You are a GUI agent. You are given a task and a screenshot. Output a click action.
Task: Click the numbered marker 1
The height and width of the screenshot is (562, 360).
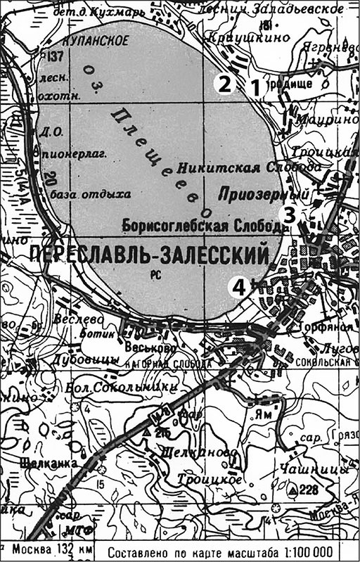[x=255, y=86]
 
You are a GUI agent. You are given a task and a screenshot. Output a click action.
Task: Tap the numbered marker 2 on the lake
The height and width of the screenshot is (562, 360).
[x=224, y=85]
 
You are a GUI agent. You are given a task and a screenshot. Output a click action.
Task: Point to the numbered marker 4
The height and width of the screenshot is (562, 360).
[x=240, y=286]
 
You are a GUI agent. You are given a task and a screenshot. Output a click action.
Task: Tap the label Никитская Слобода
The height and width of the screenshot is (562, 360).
[x=249, y=168]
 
